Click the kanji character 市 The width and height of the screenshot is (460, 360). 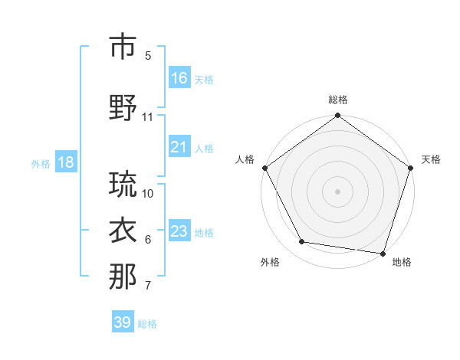tap(123, 47)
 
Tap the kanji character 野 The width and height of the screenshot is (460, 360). tap(123, 109)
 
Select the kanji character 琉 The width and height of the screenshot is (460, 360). tap(123, 185)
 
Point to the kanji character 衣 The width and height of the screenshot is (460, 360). tap(123, 231)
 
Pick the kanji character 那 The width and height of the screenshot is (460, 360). tap(123, 277)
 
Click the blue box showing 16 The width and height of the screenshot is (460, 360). tap(179, 78)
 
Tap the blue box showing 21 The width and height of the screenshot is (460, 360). tap(179, 147)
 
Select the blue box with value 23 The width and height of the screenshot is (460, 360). tap(179, 231)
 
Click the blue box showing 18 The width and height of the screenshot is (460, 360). tap(65, 163)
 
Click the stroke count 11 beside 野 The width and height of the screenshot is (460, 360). tap(148, 117)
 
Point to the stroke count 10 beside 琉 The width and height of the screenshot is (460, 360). tap(148, 193)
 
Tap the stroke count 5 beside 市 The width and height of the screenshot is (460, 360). tap(148, 56)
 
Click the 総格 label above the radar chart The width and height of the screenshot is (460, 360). tap(338, 100)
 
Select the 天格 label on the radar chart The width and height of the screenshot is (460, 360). tap(432, 159)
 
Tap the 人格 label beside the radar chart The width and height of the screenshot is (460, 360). tap(245, 159)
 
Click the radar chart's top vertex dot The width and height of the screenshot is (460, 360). tap(338, 116)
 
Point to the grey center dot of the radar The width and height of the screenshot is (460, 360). tap(338, 191)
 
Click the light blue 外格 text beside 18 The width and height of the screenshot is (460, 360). tap(41, 163)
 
